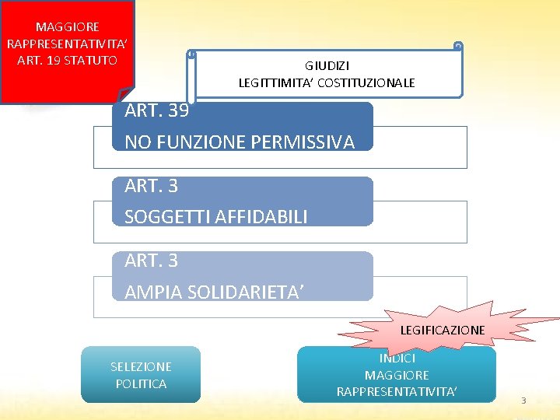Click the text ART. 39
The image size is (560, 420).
pos(156,110)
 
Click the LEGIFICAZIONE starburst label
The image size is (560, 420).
pos(443,330)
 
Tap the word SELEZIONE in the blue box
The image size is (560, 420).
pos(141,367)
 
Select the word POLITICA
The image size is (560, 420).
pos(141,383)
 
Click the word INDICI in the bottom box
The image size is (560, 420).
pos(397,359)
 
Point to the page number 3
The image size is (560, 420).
pos(523,401)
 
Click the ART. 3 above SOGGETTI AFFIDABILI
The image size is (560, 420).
pos(151,186)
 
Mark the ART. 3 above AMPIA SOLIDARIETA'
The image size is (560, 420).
pos(151,261)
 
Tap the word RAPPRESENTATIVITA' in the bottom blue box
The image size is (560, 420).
pos(397,391)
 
